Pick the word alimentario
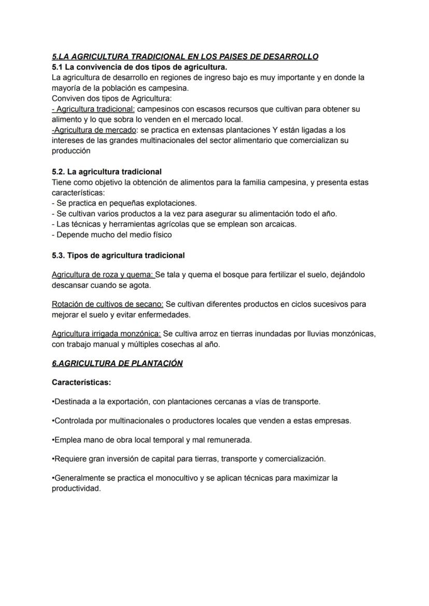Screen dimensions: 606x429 click(x=217, y=140)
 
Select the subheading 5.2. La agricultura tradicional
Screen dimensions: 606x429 click(x=107, y=172)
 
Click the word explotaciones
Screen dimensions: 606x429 click(x=173, y=203)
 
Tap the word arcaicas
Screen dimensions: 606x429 click(x=280, y=224)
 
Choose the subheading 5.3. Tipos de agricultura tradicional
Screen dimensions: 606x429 click(x=118, y=256)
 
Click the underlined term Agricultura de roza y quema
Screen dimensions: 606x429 click(x=103, y=275)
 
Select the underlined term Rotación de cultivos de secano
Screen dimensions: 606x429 click(x=107, y=304)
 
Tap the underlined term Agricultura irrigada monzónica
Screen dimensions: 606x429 click(x=106, y=334)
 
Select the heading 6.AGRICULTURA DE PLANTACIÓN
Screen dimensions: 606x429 click(x=117, y=363)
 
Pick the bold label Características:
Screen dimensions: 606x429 click(x=81, y=383)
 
